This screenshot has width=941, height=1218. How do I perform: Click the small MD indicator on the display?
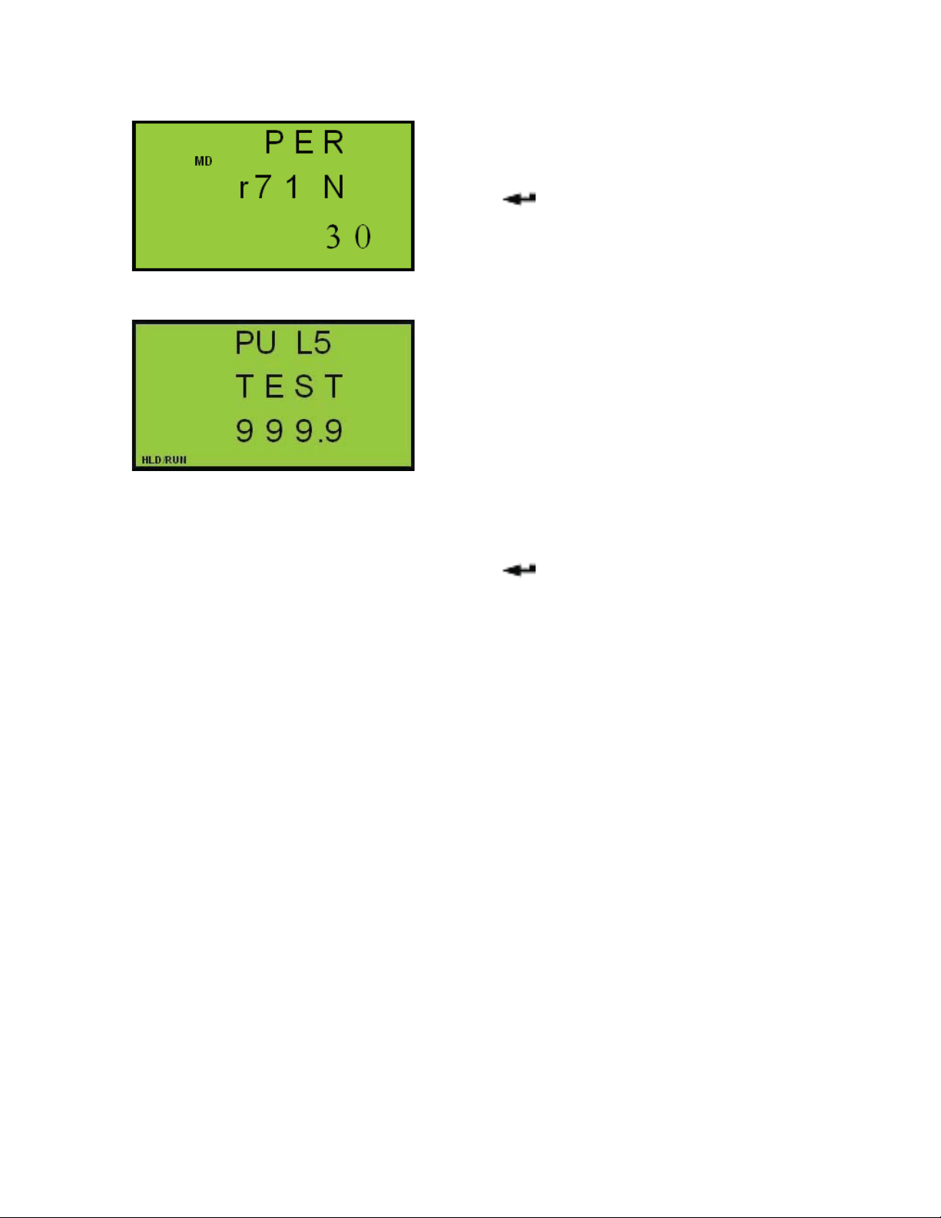point(203,161)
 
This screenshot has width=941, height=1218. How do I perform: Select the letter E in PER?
point(304,143)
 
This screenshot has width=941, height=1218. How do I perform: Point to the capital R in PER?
point(333,143)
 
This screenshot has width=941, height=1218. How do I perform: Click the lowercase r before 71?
point(244,188)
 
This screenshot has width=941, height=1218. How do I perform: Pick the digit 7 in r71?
point(263,188)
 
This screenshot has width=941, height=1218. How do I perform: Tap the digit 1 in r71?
point(292,188)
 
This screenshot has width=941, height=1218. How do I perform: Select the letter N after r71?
point(333,188)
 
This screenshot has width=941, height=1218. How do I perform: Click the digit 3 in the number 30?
point(333,237)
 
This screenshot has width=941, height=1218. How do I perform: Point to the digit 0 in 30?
point(363,237)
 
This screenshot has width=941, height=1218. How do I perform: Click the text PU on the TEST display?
point(255,343)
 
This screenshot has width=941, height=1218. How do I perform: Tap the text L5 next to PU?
point(313,343)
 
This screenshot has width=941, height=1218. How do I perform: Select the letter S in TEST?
point(304,387)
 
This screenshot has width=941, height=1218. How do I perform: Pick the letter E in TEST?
point(274,387)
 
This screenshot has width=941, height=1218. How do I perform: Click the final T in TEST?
point(333,387)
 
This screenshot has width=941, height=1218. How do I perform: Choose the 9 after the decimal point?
point(333,431)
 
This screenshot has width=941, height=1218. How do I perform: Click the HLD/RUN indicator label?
point(164,460)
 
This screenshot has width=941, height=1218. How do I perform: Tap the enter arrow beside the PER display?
point(519,199)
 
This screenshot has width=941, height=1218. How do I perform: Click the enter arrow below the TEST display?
point(519,570)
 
